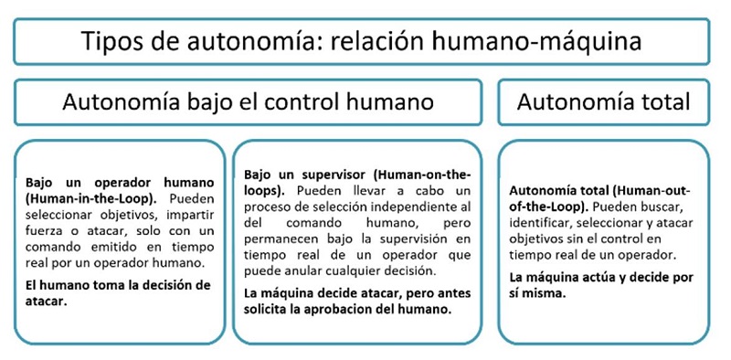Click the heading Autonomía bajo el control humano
coord(248,101)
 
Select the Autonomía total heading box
coord(603,101)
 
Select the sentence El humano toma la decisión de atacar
coord(119,292)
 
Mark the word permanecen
coord(285,238)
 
